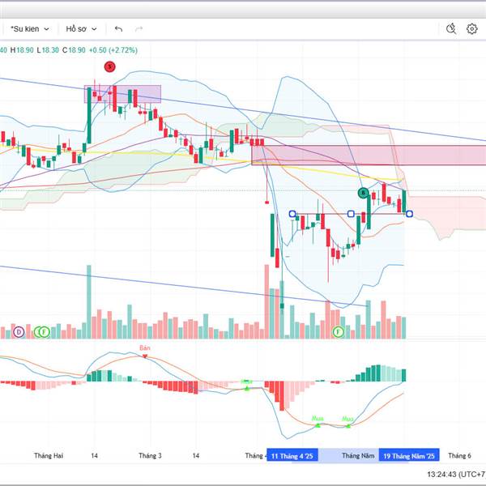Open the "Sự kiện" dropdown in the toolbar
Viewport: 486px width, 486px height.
click(x=31, y=28)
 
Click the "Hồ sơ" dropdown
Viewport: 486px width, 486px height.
click(x=81, y=28)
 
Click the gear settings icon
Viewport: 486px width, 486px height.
click(x=472, y=28)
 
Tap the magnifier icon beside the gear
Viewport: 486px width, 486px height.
click(x=452, y=28)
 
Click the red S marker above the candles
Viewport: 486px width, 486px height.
click(x=110, y=66)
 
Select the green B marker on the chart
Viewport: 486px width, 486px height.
click(x=364, y=192)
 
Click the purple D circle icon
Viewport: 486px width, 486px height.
click(x=18, y=331)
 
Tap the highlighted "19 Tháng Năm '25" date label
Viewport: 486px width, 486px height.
click(x=411, y=456)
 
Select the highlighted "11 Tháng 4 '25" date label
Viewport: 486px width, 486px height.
click(x=295, y=456)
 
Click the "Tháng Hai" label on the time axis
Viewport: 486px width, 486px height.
click(x=48, y=456)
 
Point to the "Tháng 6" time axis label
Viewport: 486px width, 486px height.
click(x=459, y=456)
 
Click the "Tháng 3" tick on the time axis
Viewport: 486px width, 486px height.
click(x=151, y=456)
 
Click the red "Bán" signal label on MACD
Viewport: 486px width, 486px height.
click(x=145, y=348)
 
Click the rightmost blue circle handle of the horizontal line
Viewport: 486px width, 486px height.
click(x=409, y=214)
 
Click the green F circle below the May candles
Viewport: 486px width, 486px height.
click(x=339, y=331)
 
